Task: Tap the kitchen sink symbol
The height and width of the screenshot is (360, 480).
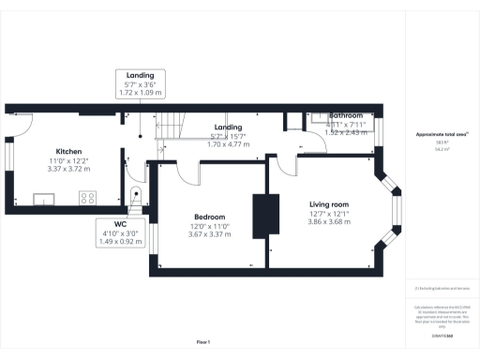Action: (44, 198)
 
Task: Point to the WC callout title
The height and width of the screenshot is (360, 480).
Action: (120, 224)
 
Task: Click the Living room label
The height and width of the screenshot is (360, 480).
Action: (328, 203)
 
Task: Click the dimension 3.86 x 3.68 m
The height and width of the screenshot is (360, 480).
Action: (328, 221)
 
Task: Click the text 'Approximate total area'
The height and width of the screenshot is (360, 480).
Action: (441, 134)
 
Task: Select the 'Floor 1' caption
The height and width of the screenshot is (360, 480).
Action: (202, 341)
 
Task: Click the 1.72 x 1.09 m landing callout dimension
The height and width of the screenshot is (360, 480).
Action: (140, 93)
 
